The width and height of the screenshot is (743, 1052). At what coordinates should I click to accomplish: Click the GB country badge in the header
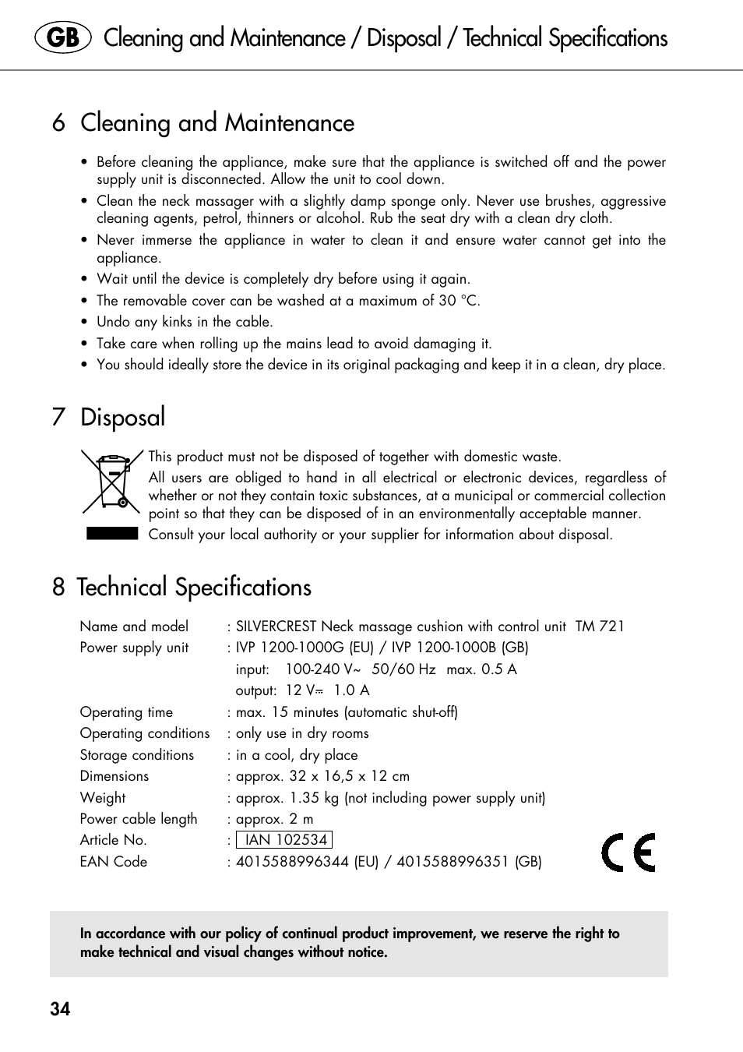point(63,38)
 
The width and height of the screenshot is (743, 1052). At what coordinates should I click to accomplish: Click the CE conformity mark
point(629,852)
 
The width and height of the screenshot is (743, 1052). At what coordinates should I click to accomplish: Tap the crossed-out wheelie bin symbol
point(112,482)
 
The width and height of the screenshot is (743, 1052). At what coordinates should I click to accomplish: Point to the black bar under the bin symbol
point(112,534)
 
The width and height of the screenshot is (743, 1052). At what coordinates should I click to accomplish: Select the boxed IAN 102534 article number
point(285,840)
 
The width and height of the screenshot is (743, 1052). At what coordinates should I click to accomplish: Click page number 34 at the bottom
point(60,1009)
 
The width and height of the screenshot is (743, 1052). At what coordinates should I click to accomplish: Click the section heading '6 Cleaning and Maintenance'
point(203,123)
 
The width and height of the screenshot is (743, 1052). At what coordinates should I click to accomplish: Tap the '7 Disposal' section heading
point(109,417)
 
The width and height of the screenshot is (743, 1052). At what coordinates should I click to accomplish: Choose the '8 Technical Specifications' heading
point(182,587)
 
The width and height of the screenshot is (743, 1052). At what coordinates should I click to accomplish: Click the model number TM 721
point(600,627)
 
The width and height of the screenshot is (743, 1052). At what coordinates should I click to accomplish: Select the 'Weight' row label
point(103,798)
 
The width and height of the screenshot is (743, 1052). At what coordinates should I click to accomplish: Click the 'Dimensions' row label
point(114,776)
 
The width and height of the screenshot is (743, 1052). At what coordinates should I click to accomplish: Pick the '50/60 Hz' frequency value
point(403,669)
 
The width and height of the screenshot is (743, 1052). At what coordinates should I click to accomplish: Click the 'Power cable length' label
point(139,819)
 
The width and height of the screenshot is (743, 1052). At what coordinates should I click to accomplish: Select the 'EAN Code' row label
point(114,862)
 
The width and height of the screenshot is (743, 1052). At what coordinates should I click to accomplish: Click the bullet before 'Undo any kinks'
point(84,323)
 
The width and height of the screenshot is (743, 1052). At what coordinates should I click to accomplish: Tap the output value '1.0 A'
point(351,690)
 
